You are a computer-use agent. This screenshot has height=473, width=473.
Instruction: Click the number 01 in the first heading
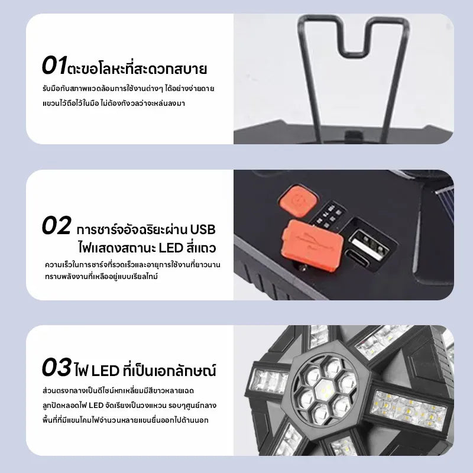tap(54, 65)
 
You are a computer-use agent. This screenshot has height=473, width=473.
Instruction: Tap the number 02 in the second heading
tap(57, 225)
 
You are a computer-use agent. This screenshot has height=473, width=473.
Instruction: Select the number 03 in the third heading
tap(57, 367)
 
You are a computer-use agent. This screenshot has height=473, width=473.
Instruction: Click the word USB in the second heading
tap(202, 229)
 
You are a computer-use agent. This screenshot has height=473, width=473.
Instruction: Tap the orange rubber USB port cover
tap(312, 245)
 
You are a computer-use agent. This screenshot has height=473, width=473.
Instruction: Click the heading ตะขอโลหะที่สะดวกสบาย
tap(137, 69)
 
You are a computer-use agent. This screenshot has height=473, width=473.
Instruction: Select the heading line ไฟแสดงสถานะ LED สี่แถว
tap(147, 248)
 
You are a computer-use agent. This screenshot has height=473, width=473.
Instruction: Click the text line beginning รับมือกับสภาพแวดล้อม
tap(128, 89)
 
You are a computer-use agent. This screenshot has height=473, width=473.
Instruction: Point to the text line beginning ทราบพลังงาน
tap(101, 277)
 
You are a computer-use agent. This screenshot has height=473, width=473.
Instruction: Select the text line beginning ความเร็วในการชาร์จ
tap(132, 264)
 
